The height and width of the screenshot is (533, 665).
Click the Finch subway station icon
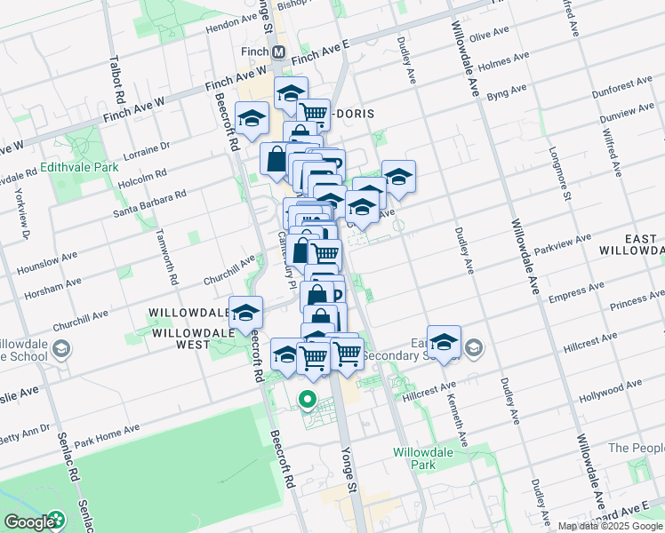click(x=279, y=52)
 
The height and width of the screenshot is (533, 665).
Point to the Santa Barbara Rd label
click(x=148, y=203)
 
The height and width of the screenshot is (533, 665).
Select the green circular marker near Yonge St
click(x=308, y=400)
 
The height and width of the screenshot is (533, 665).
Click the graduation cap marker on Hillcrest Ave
click(x=444, y=342)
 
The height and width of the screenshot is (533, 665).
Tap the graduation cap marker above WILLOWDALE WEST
click(x=246, y=313)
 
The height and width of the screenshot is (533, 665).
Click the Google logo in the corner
click(x=34, y=522)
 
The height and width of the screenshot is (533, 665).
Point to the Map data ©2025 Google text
click(x=611, y=526)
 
